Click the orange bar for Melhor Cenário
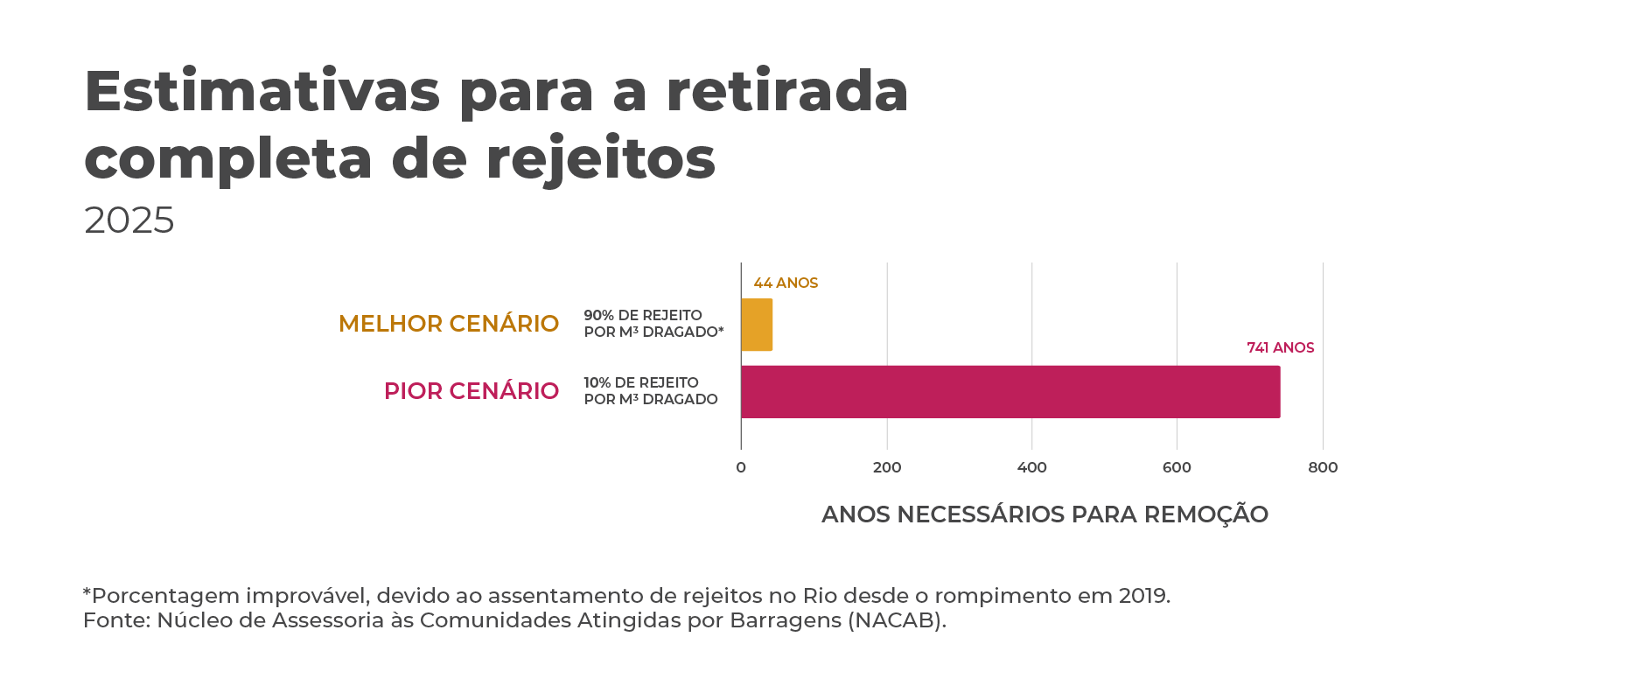(x=757, y=325)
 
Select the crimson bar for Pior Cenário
(x=1010, y=392)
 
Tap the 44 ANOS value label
(x=786, y=283)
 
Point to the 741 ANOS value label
(x=1280, y=348)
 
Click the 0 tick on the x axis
(x=741, y=467)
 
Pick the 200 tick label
(x=887, y=467)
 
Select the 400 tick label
(x=1032, y=467)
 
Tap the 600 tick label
(x=1177, y=467)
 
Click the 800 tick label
(x=1323, y=467)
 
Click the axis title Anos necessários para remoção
(x=1045, y=514)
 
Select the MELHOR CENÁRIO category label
(x=448, y=324)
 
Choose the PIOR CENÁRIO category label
(x=472, y=391)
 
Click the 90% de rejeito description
(x=653, y=324)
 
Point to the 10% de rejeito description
(x=650, y=391)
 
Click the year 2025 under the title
(x=129, y=220)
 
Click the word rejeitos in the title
(x=600, y=159)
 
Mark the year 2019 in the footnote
(x=1142, y=596)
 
